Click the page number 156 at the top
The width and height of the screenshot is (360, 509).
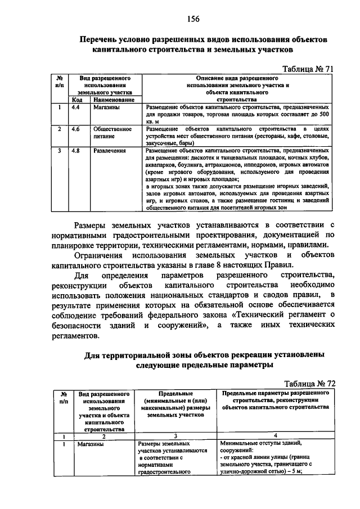pyautogui.click(x=194, y=19)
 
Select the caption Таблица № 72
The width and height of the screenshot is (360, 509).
pyautogui.click(x=309, y=383)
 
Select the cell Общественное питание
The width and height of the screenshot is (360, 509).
pyautogui.click(x=112, y=132)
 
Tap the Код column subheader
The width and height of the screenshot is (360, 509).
pyautogui.click(x=77, y=99)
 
